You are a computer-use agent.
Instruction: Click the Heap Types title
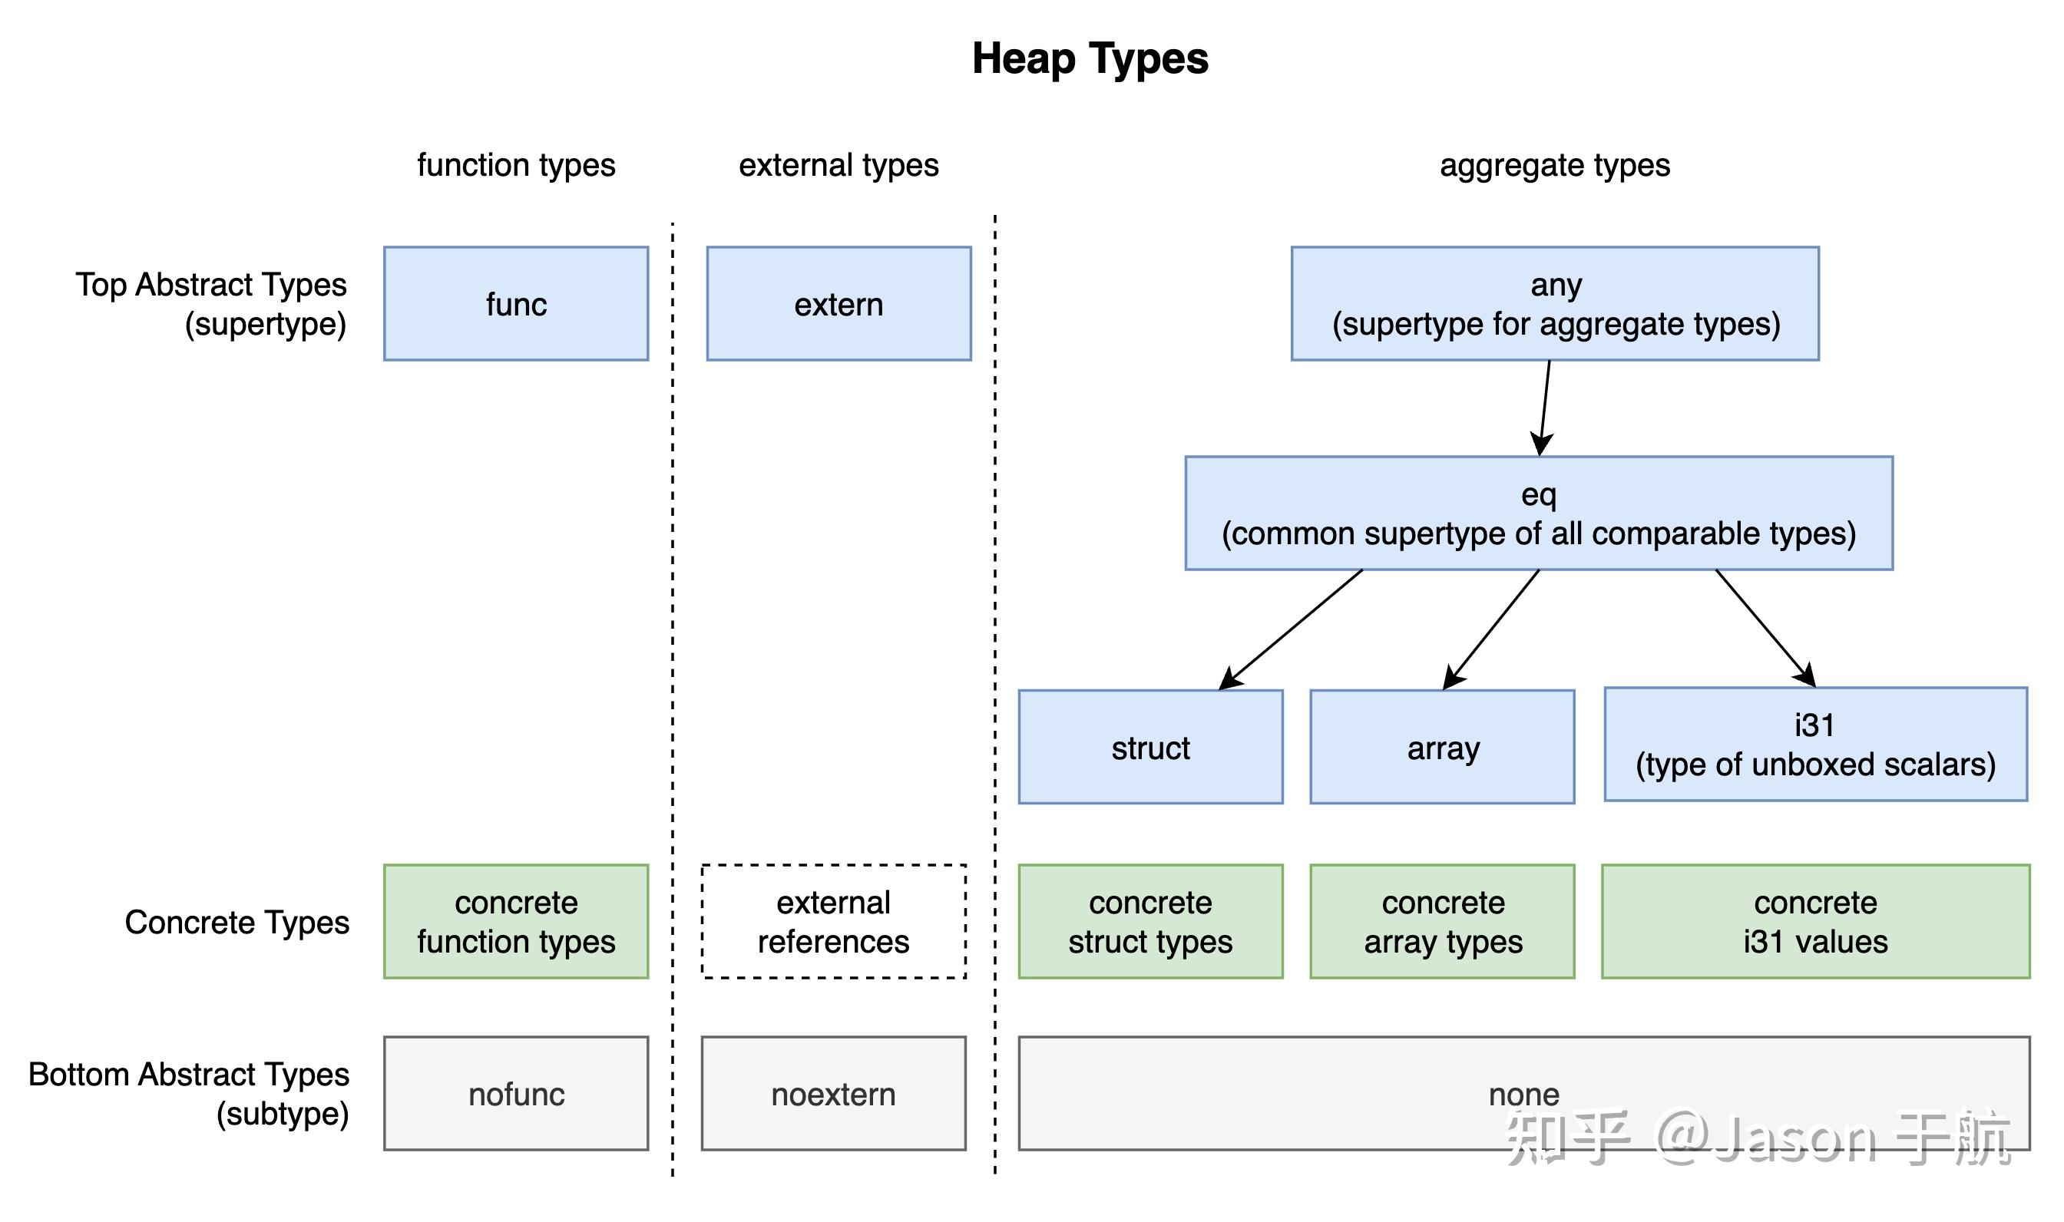click(1089, 59)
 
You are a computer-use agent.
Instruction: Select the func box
click(515, 304)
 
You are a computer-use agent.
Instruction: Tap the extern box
click(838, 304)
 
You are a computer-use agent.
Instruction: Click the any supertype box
click(1554, 304)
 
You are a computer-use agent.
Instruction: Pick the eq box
click(1538, 513)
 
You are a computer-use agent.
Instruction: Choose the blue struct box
click(1149, 747)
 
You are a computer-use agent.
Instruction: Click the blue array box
click(1441, 747)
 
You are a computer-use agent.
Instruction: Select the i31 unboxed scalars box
click(1814, 745)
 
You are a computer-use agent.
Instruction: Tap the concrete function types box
click(515, 921)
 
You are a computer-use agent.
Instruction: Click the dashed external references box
click(832, 921)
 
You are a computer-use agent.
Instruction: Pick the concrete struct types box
click(1149, 921)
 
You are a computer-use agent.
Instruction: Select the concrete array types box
click(1441, 921)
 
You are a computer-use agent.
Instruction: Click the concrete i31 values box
click(1814, 921)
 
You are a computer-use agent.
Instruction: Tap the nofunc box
click(515, 1094)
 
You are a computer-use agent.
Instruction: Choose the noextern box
click(832, 1094)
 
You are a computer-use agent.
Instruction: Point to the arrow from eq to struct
click(1291, 629)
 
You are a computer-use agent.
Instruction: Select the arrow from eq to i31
click(1765, 627)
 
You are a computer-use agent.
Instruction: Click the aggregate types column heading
click(1554, 166)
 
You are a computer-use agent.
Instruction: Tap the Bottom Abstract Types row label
click(189, 1094)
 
